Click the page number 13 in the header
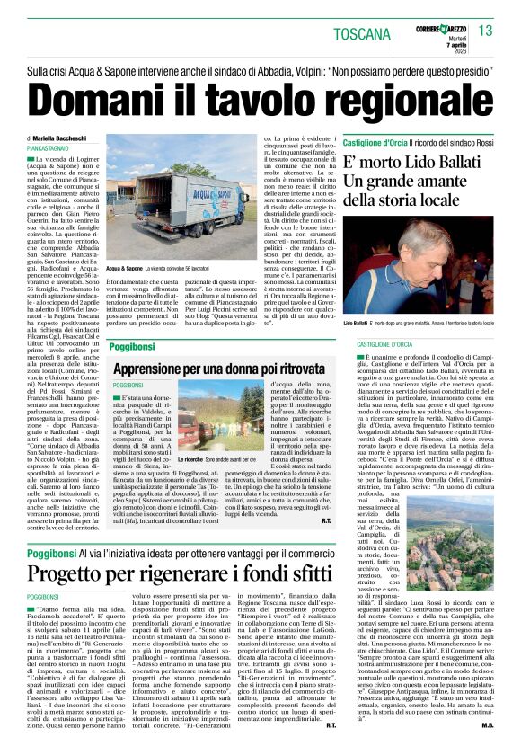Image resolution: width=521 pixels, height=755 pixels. click(x=485, y=31)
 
